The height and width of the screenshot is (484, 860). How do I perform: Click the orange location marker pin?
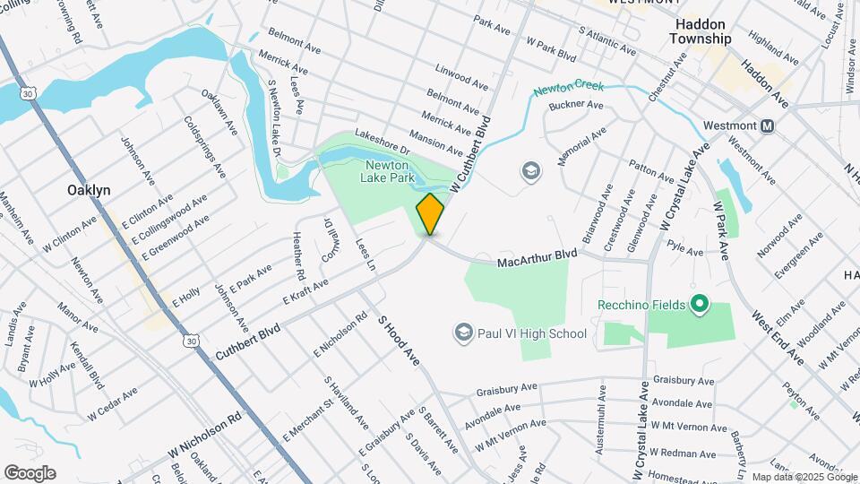point(431,213)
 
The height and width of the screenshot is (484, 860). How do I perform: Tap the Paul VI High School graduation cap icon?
point(463,333)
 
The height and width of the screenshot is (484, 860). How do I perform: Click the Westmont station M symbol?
point(767,126)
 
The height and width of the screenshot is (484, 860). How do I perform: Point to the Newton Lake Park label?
point(387,171)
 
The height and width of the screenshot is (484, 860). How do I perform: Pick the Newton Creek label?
point(569,90)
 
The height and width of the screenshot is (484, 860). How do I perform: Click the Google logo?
point(30,472)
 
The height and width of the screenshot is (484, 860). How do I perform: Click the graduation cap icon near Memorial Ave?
point(530,170)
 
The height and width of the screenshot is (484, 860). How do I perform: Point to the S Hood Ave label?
point(398,339)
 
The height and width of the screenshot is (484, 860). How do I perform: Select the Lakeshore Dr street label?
point(381,141)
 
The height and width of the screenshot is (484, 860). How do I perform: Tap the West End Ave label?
point(777,337)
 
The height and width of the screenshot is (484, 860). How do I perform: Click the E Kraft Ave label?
point(305,290)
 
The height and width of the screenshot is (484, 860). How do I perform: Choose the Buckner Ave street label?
point(577,105)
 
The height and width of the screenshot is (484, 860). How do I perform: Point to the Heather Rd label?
point(298,255)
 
